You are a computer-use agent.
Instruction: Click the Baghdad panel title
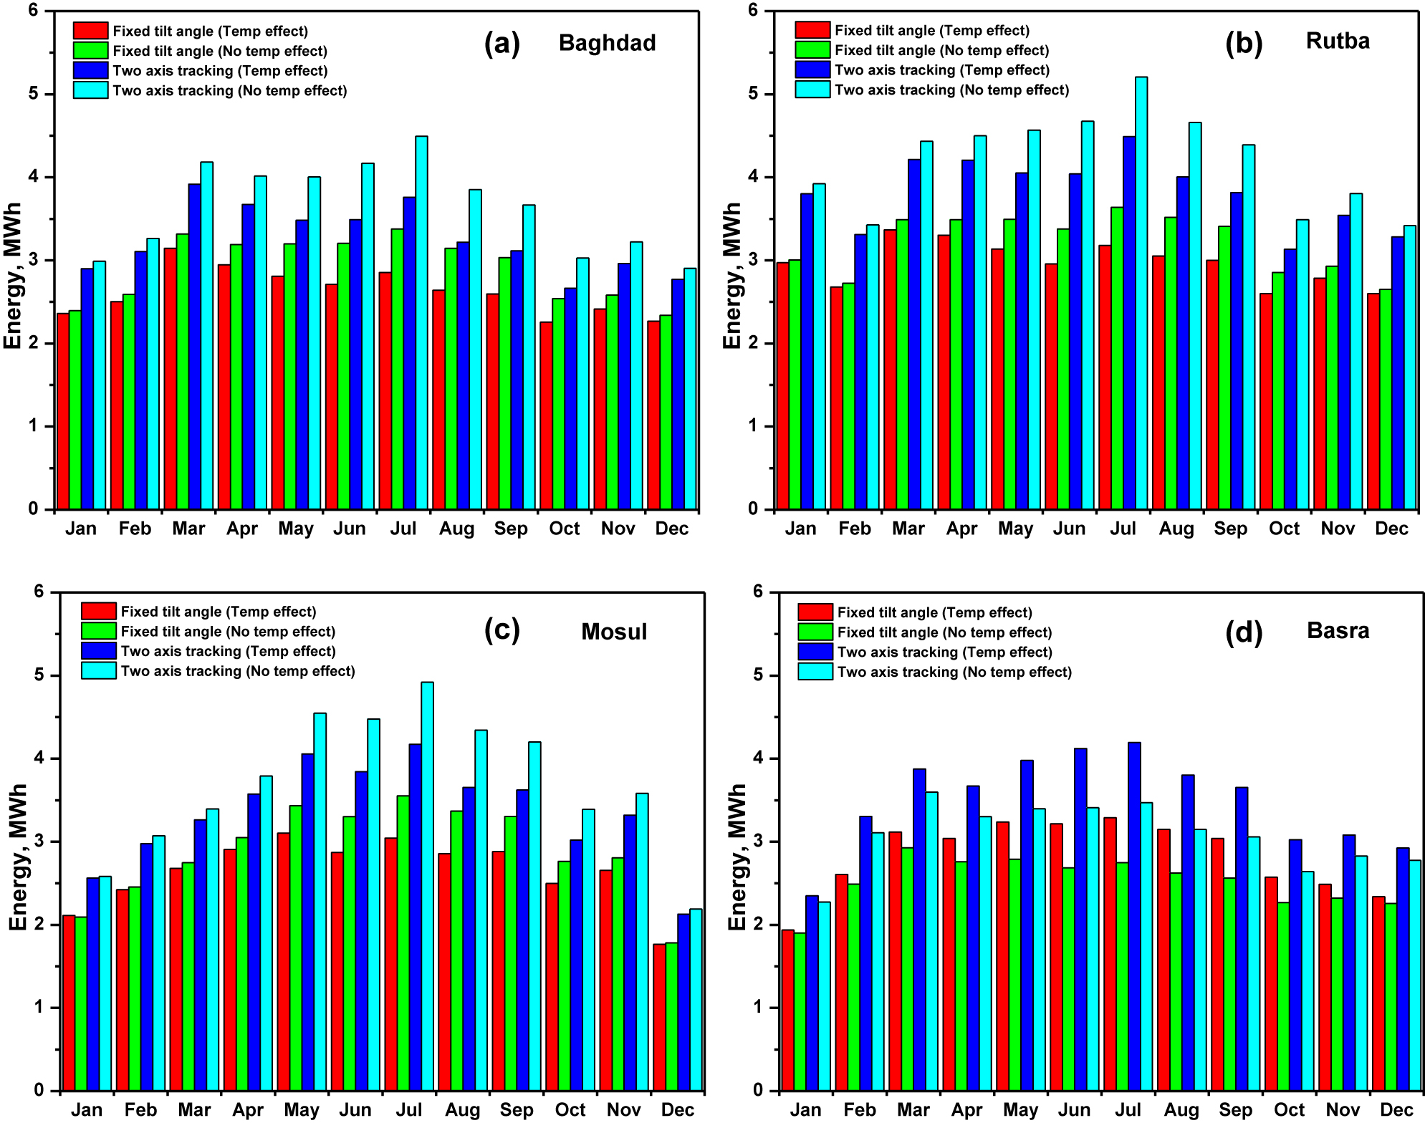607,43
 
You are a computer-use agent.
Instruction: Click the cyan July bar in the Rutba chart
1141,294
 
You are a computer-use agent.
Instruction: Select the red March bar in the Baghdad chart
171,380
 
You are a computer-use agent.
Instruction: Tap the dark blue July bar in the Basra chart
1134,917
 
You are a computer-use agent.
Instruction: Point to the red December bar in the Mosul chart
659,1017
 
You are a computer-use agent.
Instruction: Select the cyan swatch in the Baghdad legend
90,90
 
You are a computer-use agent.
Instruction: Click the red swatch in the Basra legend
815,612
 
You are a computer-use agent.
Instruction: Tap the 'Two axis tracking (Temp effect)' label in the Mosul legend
228,651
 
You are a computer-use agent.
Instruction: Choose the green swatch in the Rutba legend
812,50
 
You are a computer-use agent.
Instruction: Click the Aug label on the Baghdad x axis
457,529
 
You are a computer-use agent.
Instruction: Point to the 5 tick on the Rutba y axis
752,94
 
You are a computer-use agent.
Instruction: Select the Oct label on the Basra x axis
1289,1110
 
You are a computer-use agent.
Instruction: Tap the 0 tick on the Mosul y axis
39,1090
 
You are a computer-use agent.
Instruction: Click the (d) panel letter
1244,632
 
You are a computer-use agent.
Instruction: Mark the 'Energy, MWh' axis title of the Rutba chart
731,276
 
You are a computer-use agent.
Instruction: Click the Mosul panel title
614,632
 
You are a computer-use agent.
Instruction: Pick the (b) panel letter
1244,43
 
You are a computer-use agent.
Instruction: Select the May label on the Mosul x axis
302,1110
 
